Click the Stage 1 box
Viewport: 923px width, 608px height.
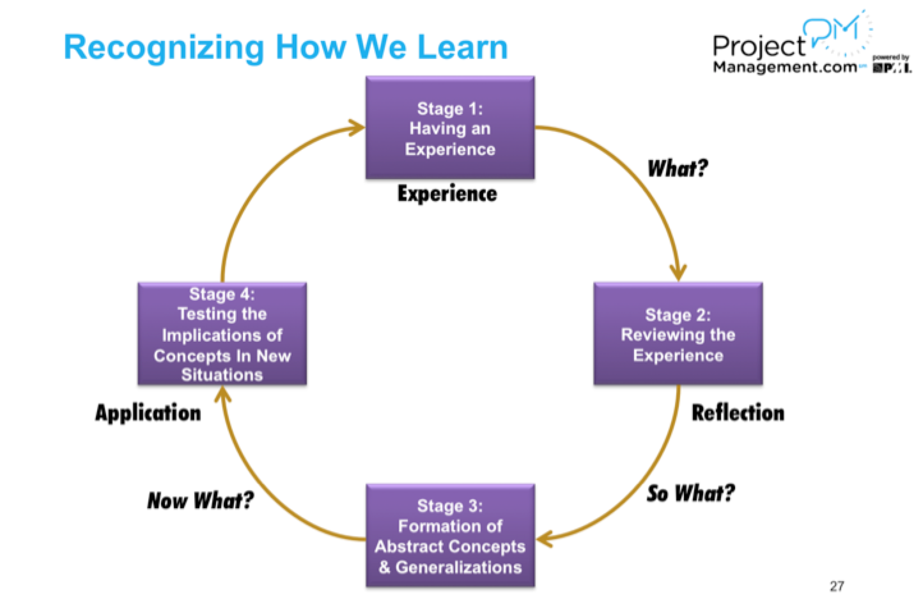pos(450,127)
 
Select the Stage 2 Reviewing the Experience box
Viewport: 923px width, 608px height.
pos(678,333)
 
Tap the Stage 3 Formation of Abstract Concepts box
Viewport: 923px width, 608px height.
pos(450,536)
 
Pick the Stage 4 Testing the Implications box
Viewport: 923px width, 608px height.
pos(222,333)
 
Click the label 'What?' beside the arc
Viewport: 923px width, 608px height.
pos(678,168)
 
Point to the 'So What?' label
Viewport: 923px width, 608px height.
pos(690,493)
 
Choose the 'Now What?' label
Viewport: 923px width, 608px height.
pos(200,500)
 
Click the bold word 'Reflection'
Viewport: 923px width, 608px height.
pos(738,413)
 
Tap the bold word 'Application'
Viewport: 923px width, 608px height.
pos(148,413)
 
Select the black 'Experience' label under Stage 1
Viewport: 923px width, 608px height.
pos(447,194)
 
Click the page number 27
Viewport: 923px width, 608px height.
pos(837,586)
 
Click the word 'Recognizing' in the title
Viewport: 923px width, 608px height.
pos(164,48)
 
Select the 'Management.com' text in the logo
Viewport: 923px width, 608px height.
pos(785,67)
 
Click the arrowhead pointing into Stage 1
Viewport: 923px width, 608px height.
pos(356,127)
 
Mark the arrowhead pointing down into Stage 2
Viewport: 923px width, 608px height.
pos(678,273)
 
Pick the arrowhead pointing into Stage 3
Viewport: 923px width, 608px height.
pos(545,538)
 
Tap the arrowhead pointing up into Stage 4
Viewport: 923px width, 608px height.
pos(223,394)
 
